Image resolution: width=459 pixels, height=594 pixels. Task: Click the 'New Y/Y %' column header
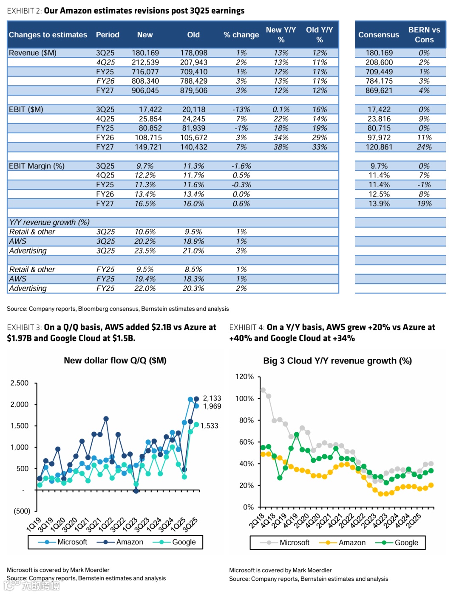[x=281, y=34]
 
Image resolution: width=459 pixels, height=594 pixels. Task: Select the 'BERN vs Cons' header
[x=424, y=34]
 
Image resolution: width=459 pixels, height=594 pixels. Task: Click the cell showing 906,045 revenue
[x=145, y=90]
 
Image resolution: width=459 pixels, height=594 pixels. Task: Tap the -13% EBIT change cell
[x=241, y=109]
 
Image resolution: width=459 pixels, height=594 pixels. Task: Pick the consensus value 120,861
[x=379, y=147]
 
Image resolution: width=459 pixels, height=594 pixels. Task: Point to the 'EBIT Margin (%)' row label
[x=37, y=166]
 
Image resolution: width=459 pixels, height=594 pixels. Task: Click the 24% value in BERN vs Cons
[x=424, y=147]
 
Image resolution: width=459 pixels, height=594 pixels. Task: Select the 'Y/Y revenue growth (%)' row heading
[x=49, y=222]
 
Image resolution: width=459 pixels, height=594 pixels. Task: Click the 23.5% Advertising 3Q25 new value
[x=145, y=251]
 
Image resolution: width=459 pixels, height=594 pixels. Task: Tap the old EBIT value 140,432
[x=193, y=147]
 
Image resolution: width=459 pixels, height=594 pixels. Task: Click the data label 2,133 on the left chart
[x=212, y=398]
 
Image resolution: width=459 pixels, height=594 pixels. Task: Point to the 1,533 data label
[x=209, y=425]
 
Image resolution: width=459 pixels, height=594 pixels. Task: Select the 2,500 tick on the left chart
[x=20, y=383]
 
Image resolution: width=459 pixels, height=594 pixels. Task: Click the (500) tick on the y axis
[x=22, y=511]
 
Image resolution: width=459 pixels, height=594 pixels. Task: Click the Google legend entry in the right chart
[x=406, y=543]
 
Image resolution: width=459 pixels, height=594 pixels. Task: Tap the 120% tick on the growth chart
[x=244, y=377]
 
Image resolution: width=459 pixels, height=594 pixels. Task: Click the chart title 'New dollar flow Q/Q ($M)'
[x=115, y=360]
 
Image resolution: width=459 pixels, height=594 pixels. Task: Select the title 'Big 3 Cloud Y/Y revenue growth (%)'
[x=337, y=361]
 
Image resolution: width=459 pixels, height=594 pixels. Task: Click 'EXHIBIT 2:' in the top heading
[x=24, y=11]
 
